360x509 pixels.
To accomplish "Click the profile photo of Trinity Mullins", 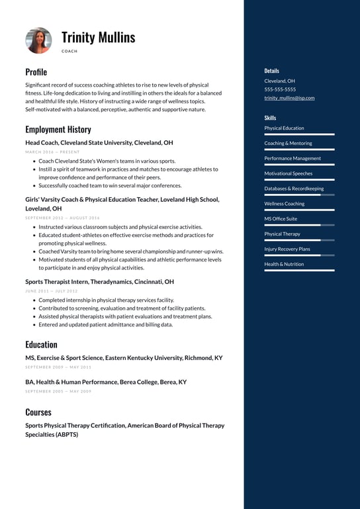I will tap(38, 40).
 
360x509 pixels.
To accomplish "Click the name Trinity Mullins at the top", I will tap(98, 37).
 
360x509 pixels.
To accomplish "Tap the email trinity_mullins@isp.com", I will tap(289, 98).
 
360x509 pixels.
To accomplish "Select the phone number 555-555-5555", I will tap(280, 89).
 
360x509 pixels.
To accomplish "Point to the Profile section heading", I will tap(36, 71).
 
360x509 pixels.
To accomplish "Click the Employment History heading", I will tap(58, 129).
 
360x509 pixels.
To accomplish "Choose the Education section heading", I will tap(41, 344).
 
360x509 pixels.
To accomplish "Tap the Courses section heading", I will tap(38, 412).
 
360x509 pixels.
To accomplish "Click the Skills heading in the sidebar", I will tap(271, 117).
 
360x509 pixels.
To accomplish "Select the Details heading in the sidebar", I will tap(271, 71).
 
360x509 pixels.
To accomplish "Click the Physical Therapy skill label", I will tap(282, 234).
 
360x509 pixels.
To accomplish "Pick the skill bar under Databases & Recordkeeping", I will tap(299, 195).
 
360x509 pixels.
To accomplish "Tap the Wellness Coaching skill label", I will tap(285, 204).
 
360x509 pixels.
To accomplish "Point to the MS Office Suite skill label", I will tap(281, 218).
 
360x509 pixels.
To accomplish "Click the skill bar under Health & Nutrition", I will tap(299, 270).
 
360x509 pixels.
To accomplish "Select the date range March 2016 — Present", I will tap(52, 152).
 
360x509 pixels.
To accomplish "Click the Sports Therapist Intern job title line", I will tap(99, 281).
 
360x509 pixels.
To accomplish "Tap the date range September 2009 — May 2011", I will tap(58, 367).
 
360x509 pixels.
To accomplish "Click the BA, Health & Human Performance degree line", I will tap(106, 382).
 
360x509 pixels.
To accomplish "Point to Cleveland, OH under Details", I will tap(279, 81).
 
